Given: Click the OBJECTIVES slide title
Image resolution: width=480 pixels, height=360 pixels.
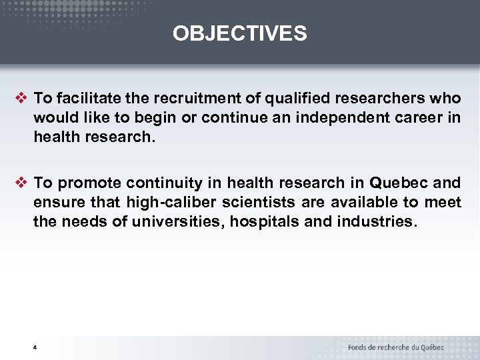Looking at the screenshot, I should coord(240,33).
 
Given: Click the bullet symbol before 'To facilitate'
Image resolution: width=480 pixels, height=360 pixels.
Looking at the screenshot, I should coord(21,98).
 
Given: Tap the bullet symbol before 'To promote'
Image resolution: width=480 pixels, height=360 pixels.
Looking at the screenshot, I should coord(21,182).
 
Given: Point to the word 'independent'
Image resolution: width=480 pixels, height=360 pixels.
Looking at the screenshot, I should coord(315,117).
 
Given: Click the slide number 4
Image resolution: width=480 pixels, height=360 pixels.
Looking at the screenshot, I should coord(35,348).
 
